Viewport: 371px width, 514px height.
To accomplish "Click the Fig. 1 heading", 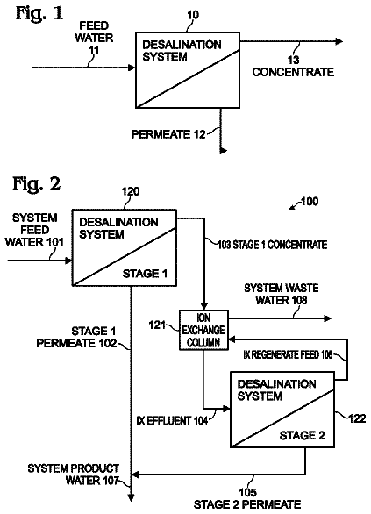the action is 39,14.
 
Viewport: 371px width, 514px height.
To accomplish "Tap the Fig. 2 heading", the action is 36,183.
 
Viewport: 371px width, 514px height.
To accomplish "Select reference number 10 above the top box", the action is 193,15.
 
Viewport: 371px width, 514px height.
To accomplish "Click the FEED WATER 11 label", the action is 94,38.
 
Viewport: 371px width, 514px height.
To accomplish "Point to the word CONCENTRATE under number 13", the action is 293,72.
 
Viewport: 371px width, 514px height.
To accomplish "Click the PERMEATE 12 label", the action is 168,134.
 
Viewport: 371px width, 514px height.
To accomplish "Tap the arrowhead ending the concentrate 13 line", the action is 339,41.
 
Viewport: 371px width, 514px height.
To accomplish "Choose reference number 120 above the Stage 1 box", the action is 131,191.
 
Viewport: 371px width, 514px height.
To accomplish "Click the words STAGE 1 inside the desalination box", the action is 145,274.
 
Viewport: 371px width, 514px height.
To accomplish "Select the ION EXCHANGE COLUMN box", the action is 203,330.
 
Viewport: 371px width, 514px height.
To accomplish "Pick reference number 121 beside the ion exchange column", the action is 157,325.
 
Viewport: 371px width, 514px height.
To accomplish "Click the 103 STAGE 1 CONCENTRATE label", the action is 273,245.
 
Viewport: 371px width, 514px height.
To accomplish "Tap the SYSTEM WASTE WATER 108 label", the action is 282,294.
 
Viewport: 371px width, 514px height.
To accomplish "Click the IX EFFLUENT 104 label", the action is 172,420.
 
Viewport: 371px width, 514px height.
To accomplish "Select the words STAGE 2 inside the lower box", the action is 302,435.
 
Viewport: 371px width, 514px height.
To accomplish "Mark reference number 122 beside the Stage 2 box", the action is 357,418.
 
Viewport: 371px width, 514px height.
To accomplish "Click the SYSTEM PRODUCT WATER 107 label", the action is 74,475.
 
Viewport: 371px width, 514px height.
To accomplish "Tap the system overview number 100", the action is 310,201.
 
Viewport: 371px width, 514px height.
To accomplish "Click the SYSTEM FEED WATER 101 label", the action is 34,230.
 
